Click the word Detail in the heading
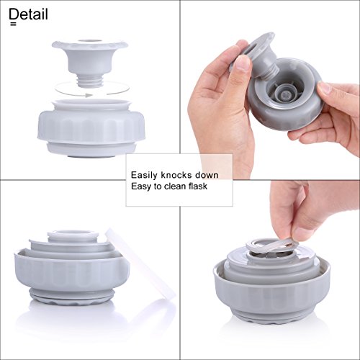tap(29, 14)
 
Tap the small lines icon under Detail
tap(14, 24)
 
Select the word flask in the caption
tap(198, 186)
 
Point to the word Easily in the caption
tap(145, 176)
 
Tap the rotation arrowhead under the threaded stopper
tap(89, 95)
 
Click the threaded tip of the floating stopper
tap(91, 81)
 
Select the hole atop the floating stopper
tap(91, 41)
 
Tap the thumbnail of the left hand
tap(243, 63)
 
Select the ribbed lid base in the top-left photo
tap(91, 128)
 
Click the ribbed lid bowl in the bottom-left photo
tap(72, 276)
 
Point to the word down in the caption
tap(207, 175)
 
